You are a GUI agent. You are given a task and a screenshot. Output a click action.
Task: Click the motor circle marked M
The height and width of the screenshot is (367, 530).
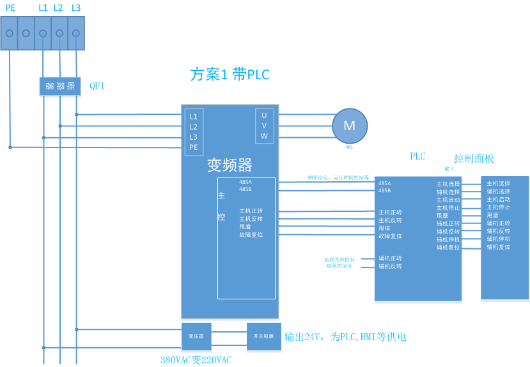click(x=350, y=126)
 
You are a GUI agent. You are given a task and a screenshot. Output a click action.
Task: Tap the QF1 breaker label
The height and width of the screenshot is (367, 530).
click(x=97, y=86)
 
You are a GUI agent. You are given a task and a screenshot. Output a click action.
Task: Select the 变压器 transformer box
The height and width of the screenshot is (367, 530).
click(x=196, y=336)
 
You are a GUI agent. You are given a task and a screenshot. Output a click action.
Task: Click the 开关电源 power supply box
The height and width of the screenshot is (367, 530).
click(x=263, y=336)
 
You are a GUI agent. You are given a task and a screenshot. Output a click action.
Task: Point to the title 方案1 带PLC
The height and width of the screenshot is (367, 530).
click(x=230, y=75)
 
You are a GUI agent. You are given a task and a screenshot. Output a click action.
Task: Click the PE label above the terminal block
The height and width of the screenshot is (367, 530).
click(x=10, y=8)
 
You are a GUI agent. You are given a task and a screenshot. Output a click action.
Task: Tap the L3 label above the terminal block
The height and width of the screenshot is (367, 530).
click(x=76, y=8)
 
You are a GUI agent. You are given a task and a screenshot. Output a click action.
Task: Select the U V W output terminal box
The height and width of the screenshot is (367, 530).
click(x=264, y=126)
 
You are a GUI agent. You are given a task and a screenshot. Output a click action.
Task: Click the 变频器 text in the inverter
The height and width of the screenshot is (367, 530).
click(x=230, y=165)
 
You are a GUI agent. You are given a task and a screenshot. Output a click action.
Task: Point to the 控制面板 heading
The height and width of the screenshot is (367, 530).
click(x=474, y=158)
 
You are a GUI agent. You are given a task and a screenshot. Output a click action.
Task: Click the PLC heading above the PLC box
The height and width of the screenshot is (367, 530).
click(x=417, y=156)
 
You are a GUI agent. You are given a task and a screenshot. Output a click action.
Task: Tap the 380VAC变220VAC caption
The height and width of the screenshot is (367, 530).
click(x=196, y=360)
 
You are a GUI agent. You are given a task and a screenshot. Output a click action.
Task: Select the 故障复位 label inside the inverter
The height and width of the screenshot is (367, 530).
click(x=251, y=235)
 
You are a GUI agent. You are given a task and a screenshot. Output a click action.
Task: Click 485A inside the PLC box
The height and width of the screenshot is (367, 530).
click(x=384, y=183)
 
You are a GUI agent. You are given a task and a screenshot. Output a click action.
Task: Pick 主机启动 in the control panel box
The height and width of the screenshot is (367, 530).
click(x=498, y=199)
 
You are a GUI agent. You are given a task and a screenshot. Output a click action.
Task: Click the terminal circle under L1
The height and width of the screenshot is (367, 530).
click(x=43, y=33)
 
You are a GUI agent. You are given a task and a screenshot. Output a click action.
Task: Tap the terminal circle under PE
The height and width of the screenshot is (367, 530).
click(x=10, y=33)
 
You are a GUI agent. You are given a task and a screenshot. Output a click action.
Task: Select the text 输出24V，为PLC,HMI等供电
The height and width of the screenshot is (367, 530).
click(x=345, y=337)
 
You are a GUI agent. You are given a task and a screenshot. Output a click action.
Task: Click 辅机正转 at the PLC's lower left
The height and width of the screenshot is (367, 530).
click(x=390, y=258)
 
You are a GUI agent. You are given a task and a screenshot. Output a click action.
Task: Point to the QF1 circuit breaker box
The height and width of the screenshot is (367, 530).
click(x=60, y=86)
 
